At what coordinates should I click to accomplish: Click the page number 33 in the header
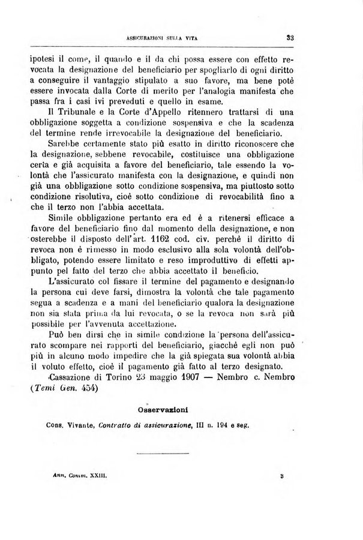tap(289, 37)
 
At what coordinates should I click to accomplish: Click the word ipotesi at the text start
tap(43, 61)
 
